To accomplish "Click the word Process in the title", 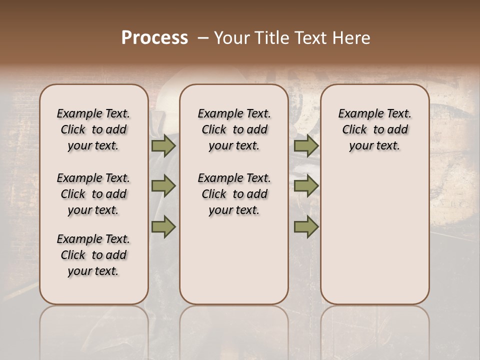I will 154,38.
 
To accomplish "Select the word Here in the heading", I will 353,38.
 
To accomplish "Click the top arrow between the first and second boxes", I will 163,146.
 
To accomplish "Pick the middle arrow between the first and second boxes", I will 163,186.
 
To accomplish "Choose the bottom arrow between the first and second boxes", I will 163,227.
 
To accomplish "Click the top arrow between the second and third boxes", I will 306,146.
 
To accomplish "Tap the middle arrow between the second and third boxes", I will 306,186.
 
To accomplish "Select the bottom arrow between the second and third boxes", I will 306,227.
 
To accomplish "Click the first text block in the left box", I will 93,129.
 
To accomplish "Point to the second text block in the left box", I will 93,194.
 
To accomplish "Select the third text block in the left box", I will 93,255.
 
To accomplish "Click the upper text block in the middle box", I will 234,129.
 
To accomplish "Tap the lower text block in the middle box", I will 234,194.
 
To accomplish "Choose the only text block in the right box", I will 375,129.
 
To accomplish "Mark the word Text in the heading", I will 313,38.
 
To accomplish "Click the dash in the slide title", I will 203,38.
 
